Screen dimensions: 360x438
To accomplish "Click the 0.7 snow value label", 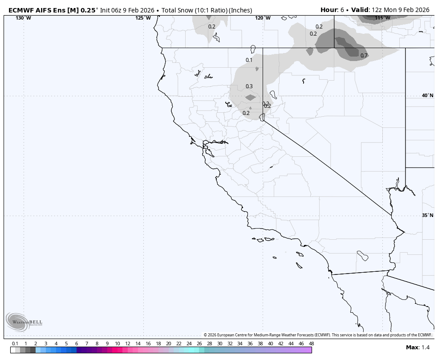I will click(364, 56).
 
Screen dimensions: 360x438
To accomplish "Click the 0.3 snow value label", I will click(249, 86).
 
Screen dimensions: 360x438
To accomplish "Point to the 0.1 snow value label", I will click(249, 60).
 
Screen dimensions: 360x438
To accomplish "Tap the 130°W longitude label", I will click(23, 18).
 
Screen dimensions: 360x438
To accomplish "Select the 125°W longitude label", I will click(143, 18).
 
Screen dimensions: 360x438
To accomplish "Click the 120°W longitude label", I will click(263, 18).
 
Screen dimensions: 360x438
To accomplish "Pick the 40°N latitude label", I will click(427, 95).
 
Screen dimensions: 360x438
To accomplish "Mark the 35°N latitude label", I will click(427, 215).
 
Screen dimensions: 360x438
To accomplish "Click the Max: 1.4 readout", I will click(418, 348).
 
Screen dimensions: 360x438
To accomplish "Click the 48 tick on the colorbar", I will click(311, 344).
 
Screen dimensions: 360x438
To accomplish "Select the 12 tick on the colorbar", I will click(128, 344).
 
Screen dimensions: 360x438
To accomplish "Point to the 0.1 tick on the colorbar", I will click(15, 344).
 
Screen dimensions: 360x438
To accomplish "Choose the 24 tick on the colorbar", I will click(189, 344).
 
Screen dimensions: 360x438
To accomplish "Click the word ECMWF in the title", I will click(21, 10).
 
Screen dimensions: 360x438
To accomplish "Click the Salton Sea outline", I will click(362, 256).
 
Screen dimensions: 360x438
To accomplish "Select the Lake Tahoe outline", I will click(263, 117).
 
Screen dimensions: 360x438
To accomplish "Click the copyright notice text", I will click(318, 335).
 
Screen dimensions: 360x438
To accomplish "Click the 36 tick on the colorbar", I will click(250, 344).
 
